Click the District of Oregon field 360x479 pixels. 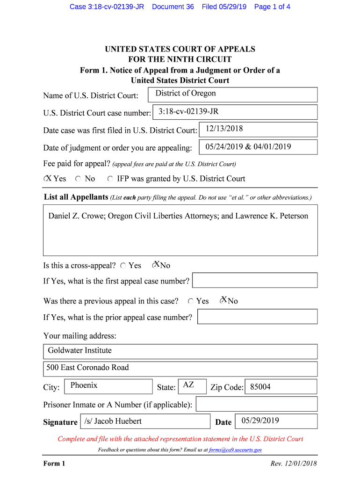point(232,94)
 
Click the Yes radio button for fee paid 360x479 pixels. point(47,179)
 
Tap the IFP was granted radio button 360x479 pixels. point(110,179)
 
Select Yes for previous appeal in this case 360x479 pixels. point(191,301)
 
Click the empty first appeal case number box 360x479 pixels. point(255,280)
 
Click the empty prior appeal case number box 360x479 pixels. point(257,316)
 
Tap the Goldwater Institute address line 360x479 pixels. point(180,351)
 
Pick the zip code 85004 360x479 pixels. point(281,387)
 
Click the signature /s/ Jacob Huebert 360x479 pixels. point(145,421)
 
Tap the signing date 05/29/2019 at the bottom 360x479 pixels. point(276,421)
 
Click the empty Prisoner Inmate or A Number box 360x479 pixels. point(256,404)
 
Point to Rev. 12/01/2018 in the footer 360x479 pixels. point(294,464)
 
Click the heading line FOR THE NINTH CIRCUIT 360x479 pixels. point(180,59)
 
